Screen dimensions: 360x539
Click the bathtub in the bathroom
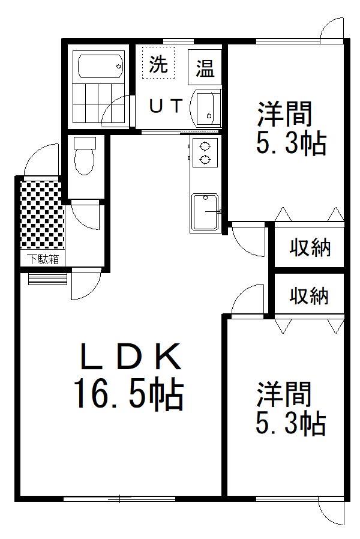click(100, 65)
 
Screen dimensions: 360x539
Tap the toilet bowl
click(84, 161)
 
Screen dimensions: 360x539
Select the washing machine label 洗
click(158, 64)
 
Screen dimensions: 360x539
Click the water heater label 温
click(205, 68)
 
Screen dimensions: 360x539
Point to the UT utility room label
click(166, 106)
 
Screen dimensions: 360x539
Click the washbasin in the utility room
click(205, 107)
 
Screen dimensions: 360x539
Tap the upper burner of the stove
click(205, 146)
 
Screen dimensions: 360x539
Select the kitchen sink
click(205, 211)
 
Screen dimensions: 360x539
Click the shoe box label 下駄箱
click(43, 259)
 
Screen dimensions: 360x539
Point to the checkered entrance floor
click(43, 214)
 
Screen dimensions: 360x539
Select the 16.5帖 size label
click(128, 394)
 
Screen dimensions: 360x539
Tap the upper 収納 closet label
click(310, 247)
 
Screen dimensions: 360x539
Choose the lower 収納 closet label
click(309, 296)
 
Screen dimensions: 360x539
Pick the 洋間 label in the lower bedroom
click(284, 394)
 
